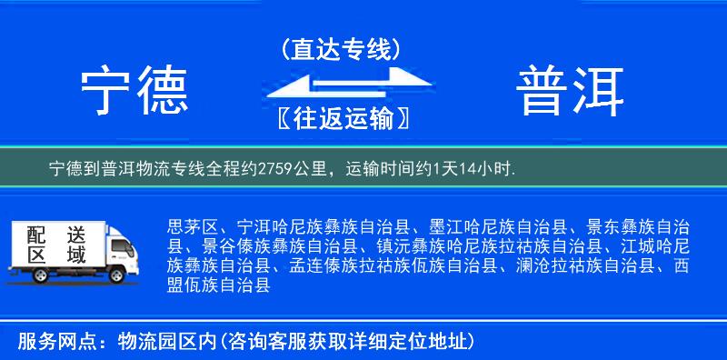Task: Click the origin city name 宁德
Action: pos(134,91)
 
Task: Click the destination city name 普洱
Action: pos(572,91)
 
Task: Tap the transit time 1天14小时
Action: pos(475,168)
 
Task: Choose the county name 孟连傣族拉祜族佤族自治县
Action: pos(391,265)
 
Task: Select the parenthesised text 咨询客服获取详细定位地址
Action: pos(346,342)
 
